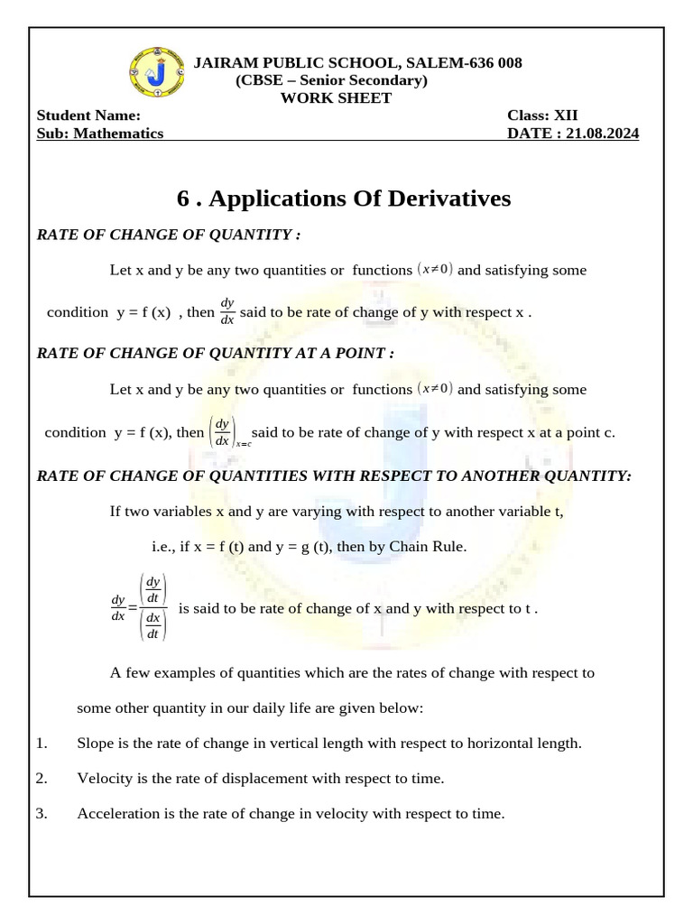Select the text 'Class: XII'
tap(542, 115)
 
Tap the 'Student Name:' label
tap(88, 115)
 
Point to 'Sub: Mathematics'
tap(99, 133)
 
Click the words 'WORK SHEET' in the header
tap(336, 97)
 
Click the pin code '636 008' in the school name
tap(490, 62)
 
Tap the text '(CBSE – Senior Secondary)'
tap(331, 80)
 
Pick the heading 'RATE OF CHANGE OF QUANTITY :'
tap(168, 235)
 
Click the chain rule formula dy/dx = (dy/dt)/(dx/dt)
tap(138, 607)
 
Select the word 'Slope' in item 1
tap(95, 744)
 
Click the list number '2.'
tap(42, 778)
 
